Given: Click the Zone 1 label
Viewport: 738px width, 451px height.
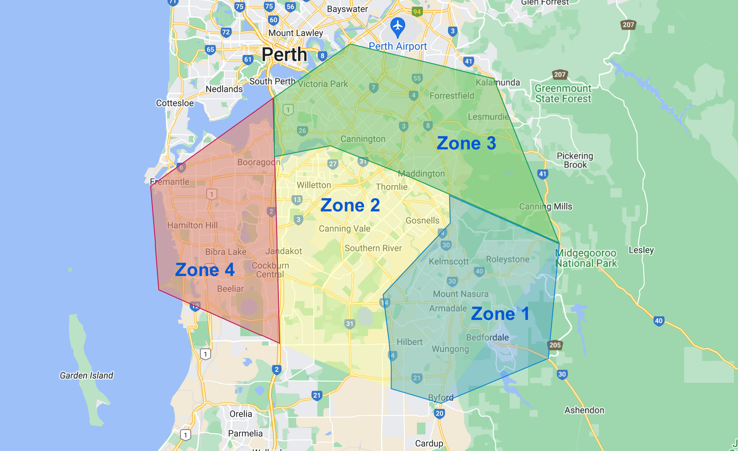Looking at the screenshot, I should tap(500, 314).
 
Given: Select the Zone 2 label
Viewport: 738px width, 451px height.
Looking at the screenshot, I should tap(350, 205).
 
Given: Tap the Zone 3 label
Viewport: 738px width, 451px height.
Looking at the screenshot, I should tap(466, 143).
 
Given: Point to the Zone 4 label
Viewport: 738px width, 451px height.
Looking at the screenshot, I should tap(204, 270).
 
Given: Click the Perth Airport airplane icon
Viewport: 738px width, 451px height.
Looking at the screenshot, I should tap(397, 26).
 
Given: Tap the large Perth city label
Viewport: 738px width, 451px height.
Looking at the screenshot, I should tap(284, 55).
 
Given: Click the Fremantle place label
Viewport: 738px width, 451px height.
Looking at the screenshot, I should tap(170, 182).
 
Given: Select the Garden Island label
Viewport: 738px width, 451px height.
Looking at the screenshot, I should tap(86, 375).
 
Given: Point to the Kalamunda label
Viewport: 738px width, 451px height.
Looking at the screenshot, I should tap(497, 82).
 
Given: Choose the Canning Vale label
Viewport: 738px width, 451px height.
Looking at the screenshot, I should tap(344, 229).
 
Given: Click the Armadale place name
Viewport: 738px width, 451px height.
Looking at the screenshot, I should tap(448, 308).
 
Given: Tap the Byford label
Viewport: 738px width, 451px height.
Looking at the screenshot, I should tap(440, 398).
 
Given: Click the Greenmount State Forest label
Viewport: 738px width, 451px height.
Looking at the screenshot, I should tap(563, 93).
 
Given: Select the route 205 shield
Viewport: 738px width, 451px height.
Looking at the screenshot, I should tap(555, 345).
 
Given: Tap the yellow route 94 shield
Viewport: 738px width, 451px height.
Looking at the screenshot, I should tap(417, 12).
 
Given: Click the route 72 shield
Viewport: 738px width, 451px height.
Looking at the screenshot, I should tap(226, 32).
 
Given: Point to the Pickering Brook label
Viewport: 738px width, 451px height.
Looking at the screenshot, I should tap(575, 160).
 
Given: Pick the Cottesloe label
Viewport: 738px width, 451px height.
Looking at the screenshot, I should tap(175, 103).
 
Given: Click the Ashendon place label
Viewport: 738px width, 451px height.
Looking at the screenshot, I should tap(584, 410).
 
